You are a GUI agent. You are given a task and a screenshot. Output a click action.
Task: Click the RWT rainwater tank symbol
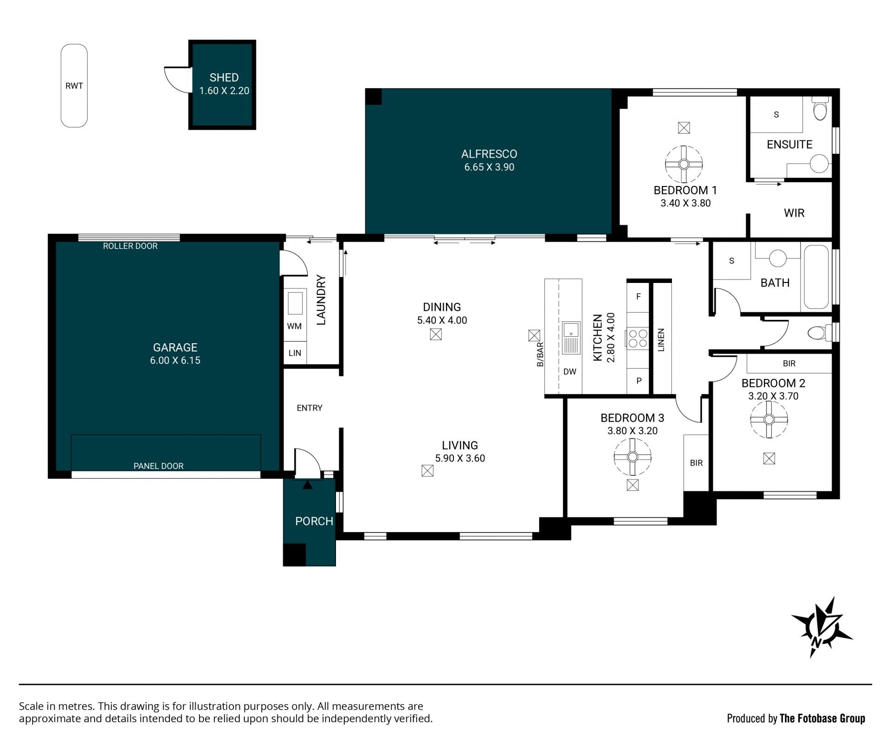74,86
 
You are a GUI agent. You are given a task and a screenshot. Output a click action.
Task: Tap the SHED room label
224,77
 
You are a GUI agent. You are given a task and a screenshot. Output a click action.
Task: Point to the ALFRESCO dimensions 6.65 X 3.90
489,167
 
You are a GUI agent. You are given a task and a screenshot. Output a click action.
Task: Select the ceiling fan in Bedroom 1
684,164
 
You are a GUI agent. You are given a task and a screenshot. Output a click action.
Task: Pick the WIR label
794,213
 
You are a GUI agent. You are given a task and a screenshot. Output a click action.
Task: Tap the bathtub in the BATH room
816,277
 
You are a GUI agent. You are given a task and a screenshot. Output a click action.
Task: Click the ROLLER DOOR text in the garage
130,246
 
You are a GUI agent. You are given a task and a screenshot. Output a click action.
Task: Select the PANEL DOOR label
159,466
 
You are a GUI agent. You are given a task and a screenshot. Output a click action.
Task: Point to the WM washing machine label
294,326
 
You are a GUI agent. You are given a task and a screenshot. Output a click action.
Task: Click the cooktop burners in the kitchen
638,338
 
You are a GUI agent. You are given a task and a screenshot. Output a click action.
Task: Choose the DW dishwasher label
570,372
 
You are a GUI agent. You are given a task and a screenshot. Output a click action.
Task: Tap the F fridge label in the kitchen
639,296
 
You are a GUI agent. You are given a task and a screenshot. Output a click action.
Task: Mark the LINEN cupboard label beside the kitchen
662,340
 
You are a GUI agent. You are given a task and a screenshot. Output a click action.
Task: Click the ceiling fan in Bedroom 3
632,457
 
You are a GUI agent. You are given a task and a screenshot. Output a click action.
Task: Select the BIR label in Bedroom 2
789,364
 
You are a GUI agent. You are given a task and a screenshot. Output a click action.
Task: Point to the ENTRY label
310,408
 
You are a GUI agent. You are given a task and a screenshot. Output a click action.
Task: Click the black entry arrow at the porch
307,485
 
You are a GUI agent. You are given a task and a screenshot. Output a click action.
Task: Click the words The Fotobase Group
822,718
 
